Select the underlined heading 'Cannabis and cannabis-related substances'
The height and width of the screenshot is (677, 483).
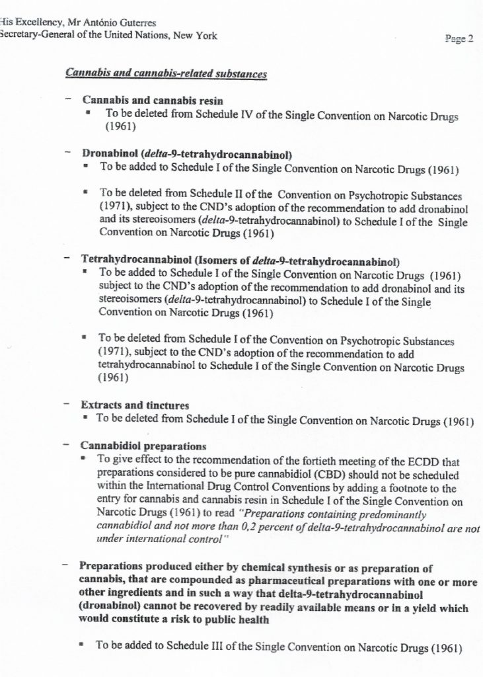166,74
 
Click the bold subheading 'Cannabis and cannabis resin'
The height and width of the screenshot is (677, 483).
152,100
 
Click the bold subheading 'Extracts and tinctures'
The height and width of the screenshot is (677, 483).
135,405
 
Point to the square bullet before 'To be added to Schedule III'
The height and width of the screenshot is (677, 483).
81,646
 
